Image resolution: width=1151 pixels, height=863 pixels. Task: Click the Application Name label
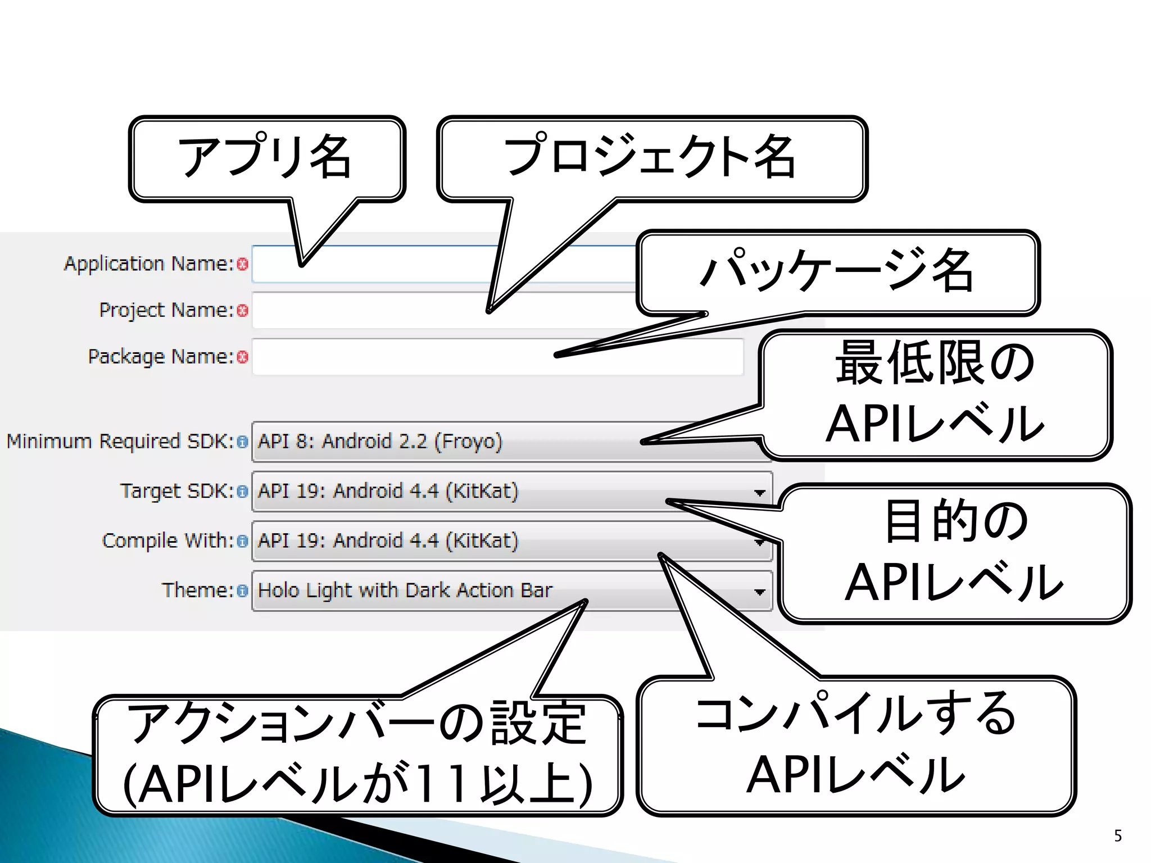[x=148, y=264]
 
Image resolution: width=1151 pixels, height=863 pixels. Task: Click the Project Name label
[x=166, y=310]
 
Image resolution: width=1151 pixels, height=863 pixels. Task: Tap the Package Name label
[x=160, y=357]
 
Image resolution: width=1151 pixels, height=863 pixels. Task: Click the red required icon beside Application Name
[x=243, y=264]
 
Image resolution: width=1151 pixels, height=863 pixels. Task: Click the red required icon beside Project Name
[x=243, y=311]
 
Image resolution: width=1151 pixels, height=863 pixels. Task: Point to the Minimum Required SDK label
[x=120, y=442]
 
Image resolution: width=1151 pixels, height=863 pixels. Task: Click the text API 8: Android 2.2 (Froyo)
[x=380, y=442]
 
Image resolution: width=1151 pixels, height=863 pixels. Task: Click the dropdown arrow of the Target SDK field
[x=760, y=493]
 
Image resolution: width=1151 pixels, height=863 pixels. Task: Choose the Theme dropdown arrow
[x=760, y=592]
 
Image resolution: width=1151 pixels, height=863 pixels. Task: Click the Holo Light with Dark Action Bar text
[x=405, y=591]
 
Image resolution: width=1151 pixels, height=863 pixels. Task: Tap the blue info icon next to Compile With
[x=242, y=541]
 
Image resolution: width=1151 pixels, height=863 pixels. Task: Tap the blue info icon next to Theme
[x=242, y=591]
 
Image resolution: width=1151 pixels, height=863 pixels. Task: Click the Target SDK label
[x=176, y=491]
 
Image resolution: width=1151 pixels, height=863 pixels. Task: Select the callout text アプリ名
[x=265, y=157]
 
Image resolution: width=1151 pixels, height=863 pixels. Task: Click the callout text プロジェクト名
[x=649, y=157]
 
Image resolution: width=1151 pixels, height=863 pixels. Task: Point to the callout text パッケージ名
[x=837, y=271]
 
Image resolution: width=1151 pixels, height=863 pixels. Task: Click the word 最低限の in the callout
[x=935, y=364]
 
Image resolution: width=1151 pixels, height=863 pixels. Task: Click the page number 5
[x=1118, y=835]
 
